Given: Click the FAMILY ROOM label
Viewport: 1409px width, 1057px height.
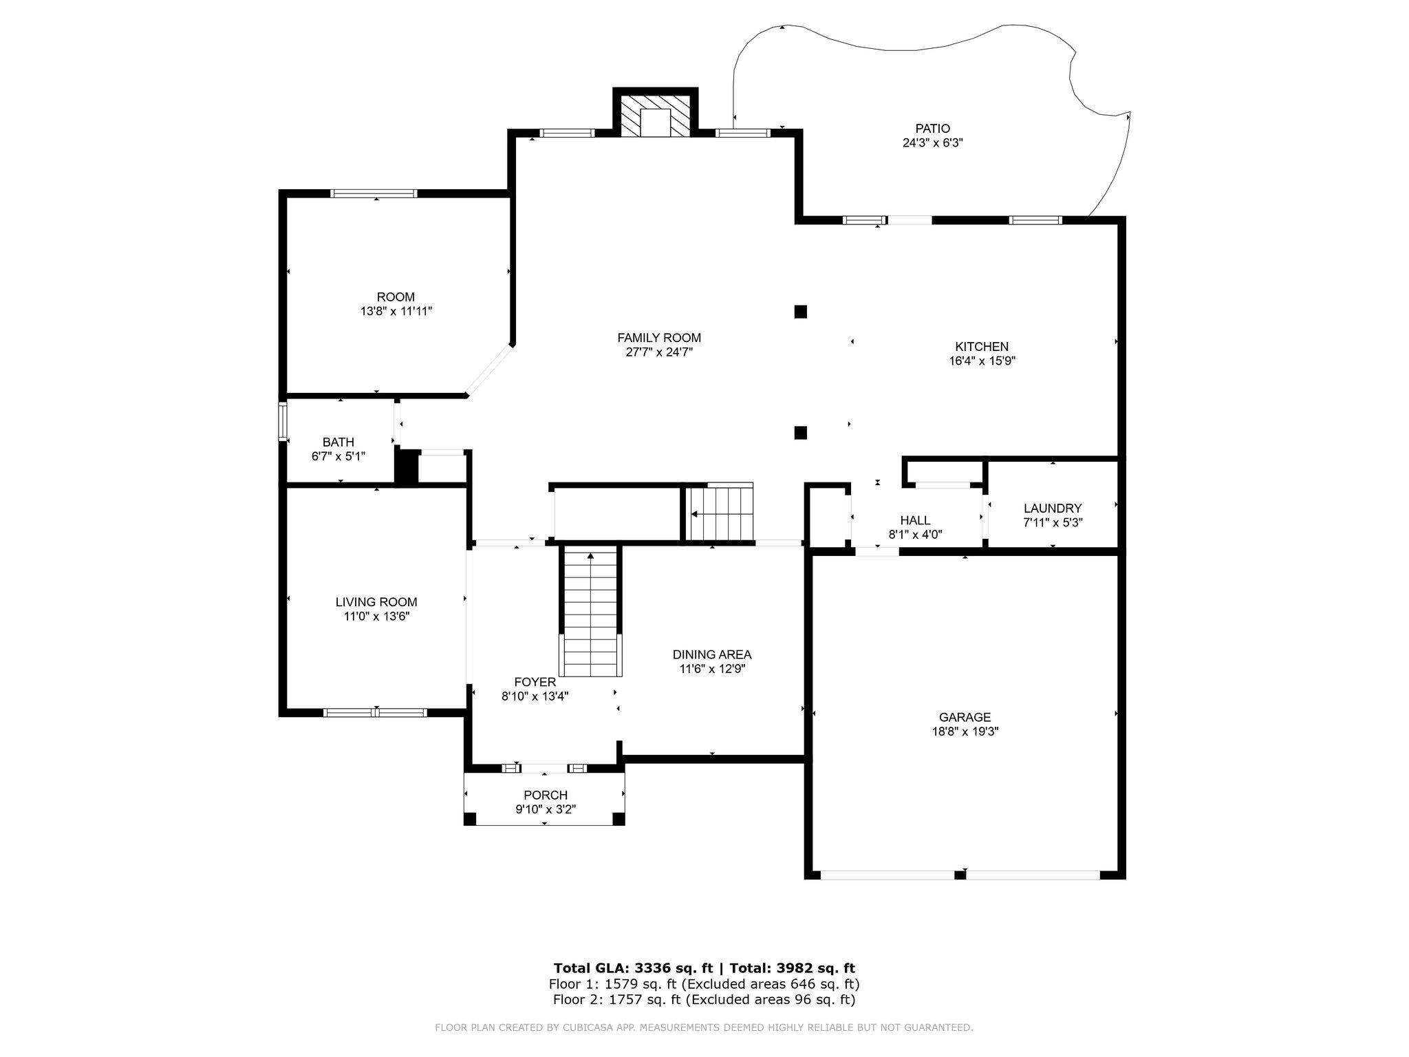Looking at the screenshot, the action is [x=659, y=338].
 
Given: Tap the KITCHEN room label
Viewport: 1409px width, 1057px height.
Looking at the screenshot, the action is [x=982, y=347].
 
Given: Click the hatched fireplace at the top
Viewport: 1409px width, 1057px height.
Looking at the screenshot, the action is [x=655, y=116].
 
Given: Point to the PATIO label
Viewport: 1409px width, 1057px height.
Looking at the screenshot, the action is [x=932, y=129].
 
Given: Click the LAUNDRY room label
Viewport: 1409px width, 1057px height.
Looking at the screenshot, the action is [x=1053, y=509].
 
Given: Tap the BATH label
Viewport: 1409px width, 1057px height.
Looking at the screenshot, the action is [x=338, y=442].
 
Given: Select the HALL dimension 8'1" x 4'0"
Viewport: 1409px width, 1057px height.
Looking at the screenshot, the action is [x=915, y=534].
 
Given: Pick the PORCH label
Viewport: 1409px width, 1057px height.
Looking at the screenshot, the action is [x=546, y=796].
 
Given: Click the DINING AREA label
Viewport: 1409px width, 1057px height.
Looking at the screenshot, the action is [x=712, y=654].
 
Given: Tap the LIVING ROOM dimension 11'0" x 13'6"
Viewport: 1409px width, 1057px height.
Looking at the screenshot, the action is [x=377, y=617].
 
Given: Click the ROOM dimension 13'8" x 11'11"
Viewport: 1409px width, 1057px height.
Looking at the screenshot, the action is [x=396, y=311].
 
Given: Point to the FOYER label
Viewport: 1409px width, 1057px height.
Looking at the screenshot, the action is [x=535, y=682].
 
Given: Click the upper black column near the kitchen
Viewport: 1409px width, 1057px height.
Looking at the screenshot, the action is [x=800, y=312].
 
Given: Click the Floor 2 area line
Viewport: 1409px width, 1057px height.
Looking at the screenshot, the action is [x=704, y=1000].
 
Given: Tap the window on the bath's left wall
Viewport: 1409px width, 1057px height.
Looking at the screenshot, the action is [x=282, y=421].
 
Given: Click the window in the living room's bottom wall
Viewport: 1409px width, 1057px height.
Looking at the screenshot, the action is [x=375, y=712].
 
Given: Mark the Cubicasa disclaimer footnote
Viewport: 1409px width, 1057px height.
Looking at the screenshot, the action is [x=704, y=1028].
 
